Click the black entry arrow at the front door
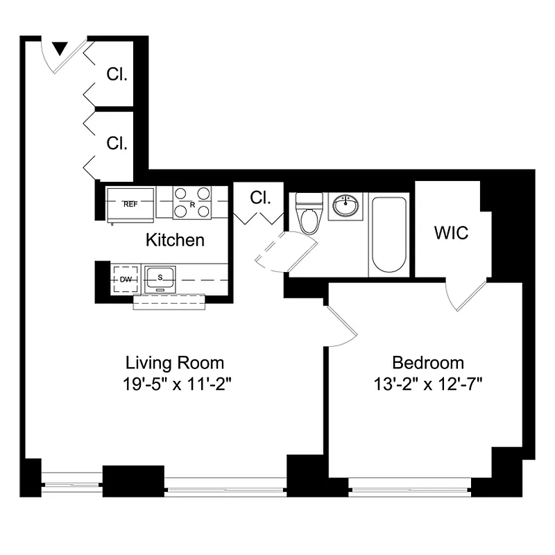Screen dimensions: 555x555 click(60, 48)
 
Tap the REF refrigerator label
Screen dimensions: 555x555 click(130, 204)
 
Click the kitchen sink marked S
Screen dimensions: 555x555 click(160, 277)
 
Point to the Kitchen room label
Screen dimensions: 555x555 click(175, 240)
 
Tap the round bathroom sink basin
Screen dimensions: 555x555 click(345, 206)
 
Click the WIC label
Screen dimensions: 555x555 click(451, 233)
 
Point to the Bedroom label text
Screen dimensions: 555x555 click(427, 362)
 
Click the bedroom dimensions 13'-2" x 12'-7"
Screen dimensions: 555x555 click(427, 383)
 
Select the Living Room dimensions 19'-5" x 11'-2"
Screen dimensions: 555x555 click(174, 383)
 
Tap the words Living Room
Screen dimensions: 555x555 click(174, 362)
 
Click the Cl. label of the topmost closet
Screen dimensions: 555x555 click(117, 74)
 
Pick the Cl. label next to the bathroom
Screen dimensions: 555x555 click(259, 198)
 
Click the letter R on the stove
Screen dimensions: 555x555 click(192, 204)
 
